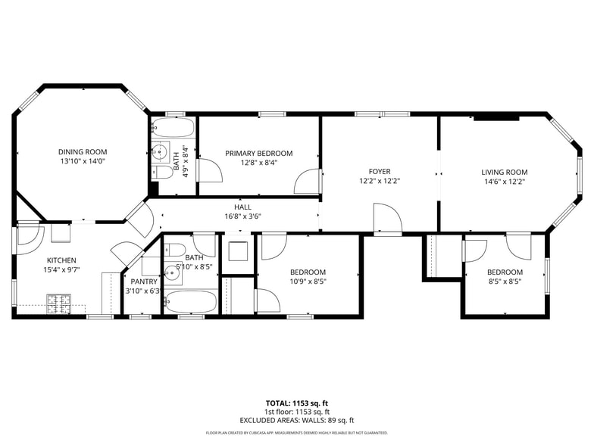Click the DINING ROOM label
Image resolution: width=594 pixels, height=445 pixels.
(x=83, y=151)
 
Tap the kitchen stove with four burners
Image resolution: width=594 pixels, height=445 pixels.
(x=58, y=303)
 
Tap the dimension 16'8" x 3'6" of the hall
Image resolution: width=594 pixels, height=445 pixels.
(x=242, y=216)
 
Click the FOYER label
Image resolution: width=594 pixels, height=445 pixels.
(x=380, y=172)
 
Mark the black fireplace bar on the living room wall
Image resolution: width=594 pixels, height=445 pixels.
(x=496, y=117)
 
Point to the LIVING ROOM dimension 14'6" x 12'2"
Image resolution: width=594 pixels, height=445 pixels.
(x=504, y=182)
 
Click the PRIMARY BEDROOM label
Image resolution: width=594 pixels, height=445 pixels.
(x=258, y=154)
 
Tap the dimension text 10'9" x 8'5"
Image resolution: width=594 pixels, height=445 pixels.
(x=308, y=282)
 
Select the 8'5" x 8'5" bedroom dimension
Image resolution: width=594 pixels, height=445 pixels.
(x=505, y=282)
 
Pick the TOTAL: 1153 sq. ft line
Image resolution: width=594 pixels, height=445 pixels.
(x=296, y=403)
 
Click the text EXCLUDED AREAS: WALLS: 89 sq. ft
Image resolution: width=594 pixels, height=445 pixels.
(x=296, y=420)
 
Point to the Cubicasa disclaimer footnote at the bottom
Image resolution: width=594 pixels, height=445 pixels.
(x=296, y=433)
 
